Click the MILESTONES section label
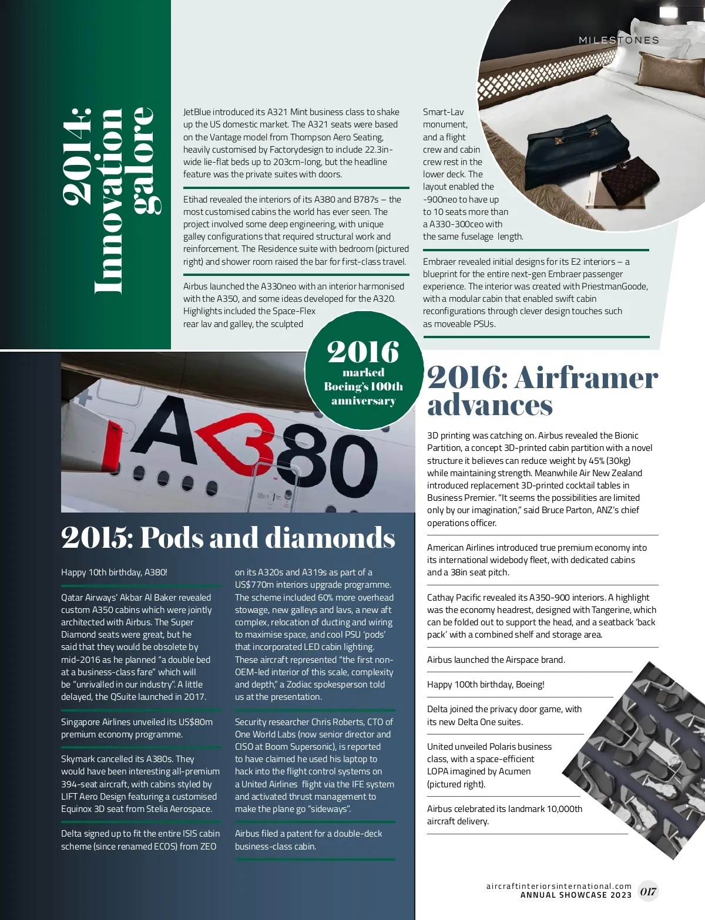[619, 41]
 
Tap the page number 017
[648, 891]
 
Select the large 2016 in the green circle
[363, 352]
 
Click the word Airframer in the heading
[586, 378]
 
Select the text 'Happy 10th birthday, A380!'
[114, 572]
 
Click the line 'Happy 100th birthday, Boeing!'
[485, 685]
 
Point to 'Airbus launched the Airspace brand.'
[496, 660]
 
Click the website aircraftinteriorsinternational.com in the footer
[559, 886]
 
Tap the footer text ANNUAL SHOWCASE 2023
[576, 895]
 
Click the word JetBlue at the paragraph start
[197, 112]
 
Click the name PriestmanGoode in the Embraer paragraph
[615, 287]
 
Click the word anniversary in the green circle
[363, 401]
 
